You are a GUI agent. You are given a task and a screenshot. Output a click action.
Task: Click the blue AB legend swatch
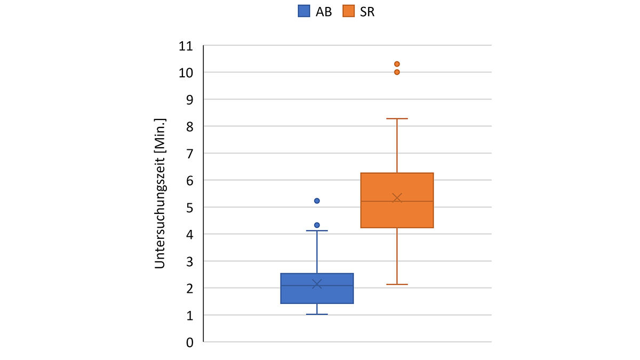[x=304, y=12]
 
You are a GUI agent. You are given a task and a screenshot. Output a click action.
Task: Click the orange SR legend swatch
[x=348, y=12]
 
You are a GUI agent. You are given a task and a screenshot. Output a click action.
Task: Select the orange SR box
[x=397, y=213]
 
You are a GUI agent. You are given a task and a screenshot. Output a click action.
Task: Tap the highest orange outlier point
[x=397, y=64]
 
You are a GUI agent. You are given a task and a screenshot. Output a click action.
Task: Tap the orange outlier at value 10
[x=397, y=72]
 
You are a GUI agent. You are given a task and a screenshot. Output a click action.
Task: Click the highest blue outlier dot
[x=317, y=201]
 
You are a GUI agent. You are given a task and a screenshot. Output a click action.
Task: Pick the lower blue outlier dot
[x=317, y=225]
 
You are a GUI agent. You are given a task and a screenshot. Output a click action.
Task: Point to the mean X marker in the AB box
[x=317, y=284]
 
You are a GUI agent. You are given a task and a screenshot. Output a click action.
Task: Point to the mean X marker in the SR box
[x=397, y=198]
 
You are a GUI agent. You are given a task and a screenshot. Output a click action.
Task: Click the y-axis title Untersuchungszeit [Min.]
[x=160, y=193]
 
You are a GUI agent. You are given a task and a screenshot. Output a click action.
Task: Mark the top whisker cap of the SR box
[x=397, y=118]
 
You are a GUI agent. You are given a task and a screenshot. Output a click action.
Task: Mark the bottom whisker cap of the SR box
[x=397, y=284]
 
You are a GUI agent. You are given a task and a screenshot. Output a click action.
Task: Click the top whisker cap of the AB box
[x=317, y=231]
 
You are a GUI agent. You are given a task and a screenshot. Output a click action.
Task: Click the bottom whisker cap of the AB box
[x=317, y=314]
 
